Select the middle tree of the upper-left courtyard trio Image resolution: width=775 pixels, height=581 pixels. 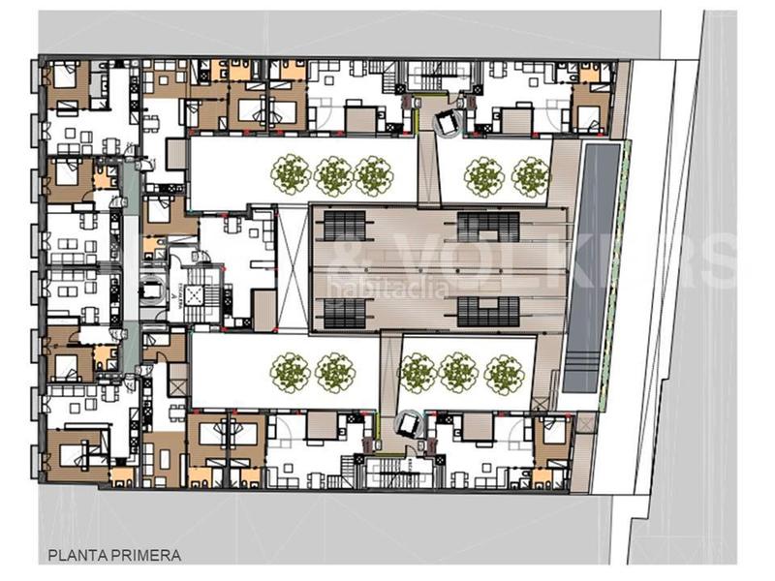pos(333,176)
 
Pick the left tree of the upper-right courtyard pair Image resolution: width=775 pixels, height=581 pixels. pos(483,177)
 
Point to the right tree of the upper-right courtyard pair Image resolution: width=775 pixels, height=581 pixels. pos(530,177)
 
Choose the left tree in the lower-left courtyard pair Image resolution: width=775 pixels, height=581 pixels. pos(290,372)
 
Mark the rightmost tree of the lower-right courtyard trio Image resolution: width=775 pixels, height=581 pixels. pos(504,373)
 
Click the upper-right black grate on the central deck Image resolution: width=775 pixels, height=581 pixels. pos(489,226)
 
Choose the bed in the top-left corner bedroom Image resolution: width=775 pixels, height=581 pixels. pos(67,77)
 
